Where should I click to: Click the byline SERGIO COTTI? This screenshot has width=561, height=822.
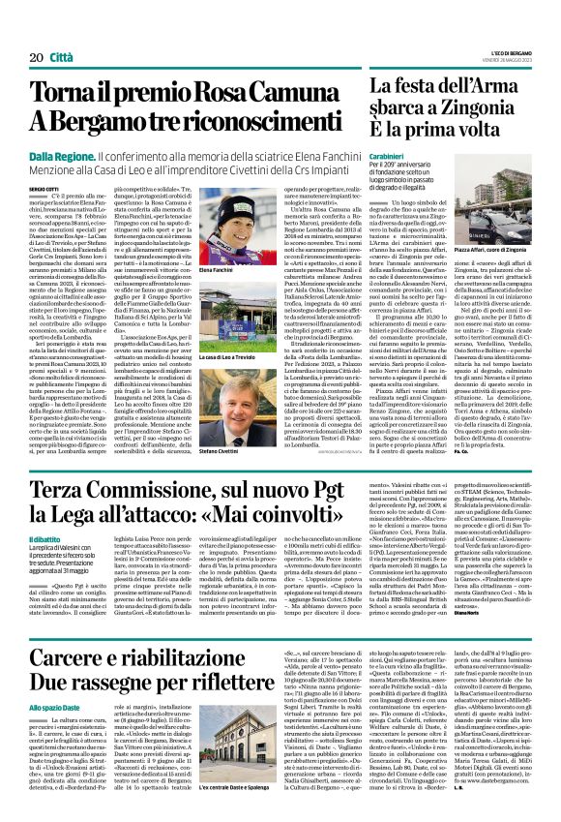pyautogui.click(x=44, y=184)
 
